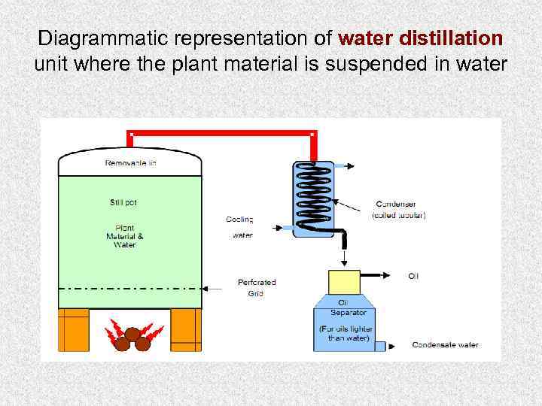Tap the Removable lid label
pos(130,162)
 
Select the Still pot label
pos(123,201)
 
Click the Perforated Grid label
pos(257,287)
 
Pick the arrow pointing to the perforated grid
pos(219,287)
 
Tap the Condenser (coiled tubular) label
pos(398,209)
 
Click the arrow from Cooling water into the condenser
pos(278,226)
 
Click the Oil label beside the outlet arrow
pos(413,276)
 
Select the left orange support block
pos(74,329)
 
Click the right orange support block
pos(186,329)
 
